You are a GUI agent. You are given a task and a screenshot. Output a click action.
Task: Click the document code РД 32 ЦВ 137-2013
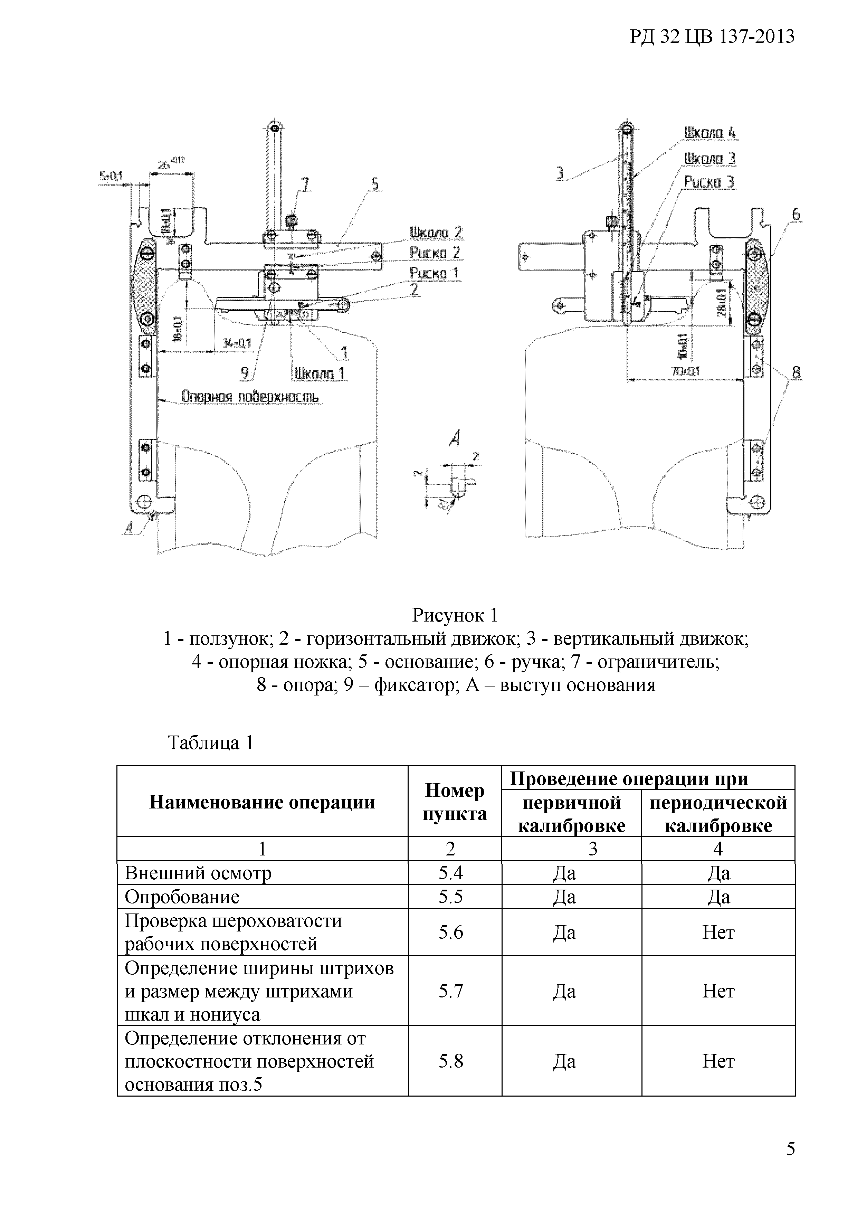click(x=712, y=37)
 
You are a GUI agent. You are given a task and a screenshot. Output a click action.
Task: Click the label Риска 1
click(x=434, y=273)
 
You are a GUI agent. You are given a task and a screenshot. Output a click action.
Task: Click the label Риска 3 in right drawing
click(x=709, y=182)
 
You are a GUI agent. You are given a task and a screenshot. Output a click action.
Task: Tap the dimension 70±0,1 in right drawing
click(x=685, y=372)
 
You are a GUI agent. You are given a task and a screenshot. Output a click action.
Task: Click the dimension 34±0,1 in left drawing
click(x=237, y=344)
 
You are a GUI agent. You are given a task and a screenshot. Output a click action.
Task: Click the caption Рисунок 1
click(x=455, y=616)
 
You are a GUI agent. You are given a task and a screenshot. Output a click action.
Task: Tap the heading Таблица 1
click(x=210, y=743)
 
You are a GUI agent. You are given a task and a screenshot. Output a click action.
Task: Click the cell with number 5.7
click(x=451, y=991)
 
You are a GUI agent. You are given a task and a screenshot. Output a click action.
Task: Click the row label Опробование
click(x=182, y=897)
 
